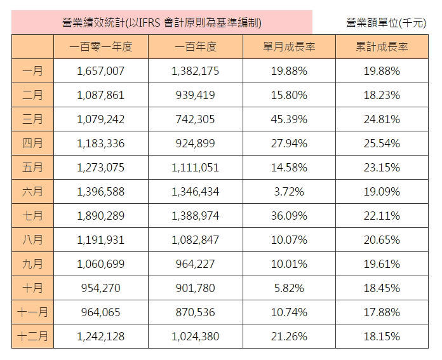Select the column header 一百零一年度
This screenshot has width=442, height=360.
pos(100,47)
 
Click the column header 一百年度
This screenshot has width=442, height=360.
pos(195,47)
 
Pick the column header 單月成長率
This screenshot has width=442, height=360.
pos(289,47)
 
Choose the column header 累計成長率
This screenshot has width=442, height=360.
pos(382,47)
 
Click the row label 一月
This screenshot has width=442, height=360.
pos(32,71)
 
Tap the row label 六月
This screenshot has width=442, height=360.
pos(32,192)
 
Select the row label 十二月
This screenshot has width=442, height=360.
pos(32,337)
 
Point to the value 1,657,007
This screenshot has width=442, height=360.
pos(100,71)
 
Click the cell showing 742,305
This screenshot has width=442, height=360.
pos(195,119)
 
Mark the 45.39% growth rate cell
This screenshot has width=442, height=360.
pos(289,119)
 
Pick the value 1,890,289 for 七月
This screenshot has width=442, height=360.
pos(100,216)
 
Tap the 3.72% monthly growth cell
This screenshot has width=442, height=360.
pos(289,192)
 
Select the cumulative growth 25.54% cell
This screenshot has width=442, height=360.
pos(382,143)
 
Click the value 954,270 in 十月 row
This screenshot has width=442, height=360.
pos(100,288)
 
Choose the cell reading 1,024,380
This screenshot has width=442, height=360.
pos(195,337)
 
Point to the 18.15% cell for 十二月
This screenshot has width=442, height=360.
pos(382,337)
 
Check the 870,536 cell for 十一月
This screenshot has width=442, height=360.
pos(195,312)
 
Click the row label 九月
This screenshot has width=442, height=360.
pos(32,264)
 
